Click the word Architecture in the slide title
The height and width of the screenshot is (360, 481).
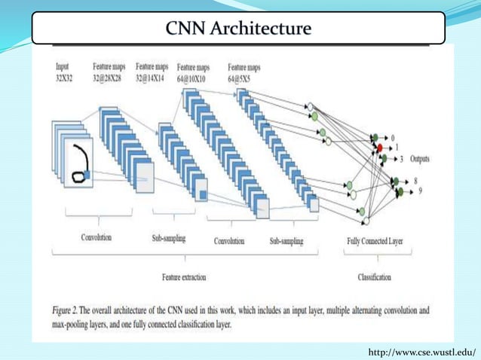coord(264,29)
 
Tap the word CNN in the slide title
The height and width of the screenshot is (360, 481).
coord(188,29)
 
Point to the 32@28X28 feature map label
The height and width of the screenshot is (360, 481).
coord(110,78)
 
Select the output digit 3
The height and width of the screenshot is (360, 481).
coord(402,159)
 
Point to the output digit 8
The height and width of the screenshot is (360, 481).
coord(415,182)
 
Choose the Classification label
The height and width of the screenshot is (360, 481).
coord(374,277)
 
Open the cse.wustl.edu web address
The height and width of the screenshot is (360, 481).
coord(422,352)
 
